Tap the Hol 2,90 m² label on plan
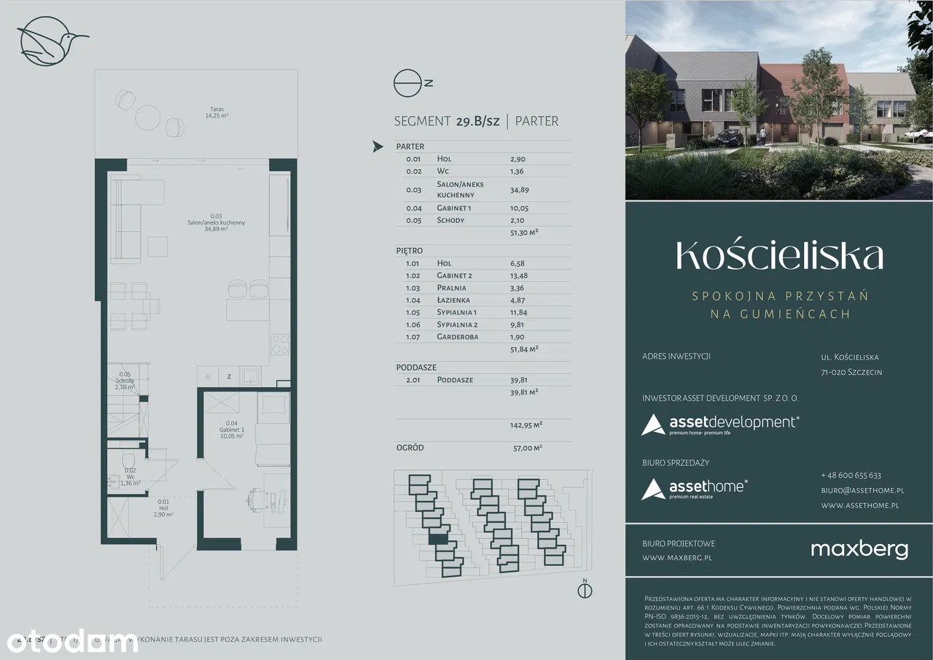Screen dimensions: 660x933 pyautogui.click(x=163, y=508)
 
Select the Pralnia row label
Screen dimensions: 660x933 pyautogui.click(x=453, y=287)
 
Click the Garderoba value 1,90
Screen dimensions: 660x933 pyautogui.click(x=518, y=337)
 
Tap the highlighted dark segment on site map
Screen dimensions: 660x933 pyautogui.click(x=438, y=539)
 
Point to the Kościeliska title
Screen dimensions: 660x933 pyautogui.click(x=779, y=255)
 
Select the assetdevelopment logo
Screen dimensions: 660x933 pyautogui.click(x=720, y=424)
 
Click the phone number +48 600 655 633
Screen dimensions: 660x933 pyautogui.click(x=851, y=475)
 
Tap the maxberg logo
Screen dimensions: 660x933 pyautogui.click(x=859, y=549)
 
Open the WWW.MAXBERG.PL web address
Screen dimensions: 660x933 pyautogui.click(x=676, y=558)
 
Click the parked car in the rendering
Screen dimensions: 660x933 pyautogui.click(x=730, y=135)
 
